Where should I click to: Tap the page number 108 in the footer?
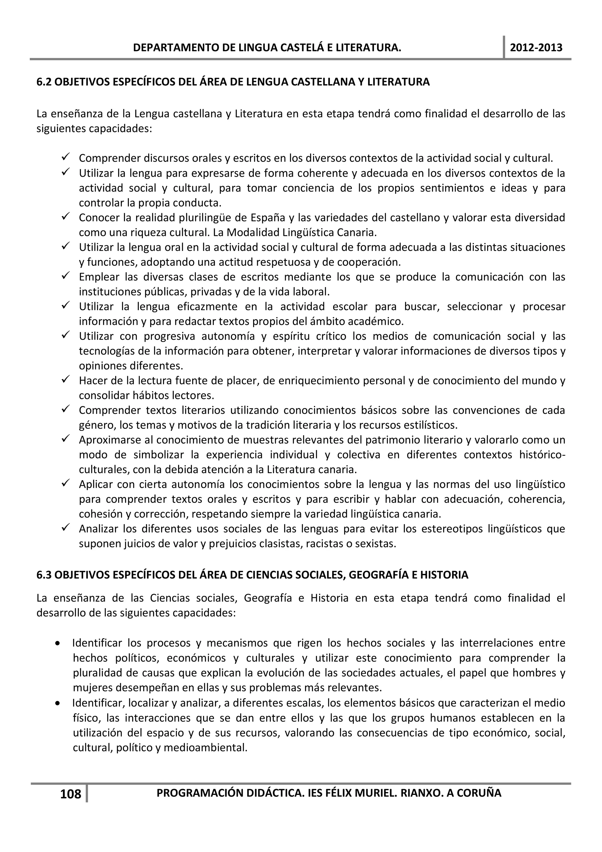click(x=71, y=794)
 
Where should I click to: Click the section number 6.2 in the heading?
click(x=44, y=82)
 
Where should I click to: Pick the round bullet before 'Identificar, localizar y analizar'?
click(x=58, y=703)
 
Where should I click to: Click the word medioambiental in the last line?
click(x=205, y=747)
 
